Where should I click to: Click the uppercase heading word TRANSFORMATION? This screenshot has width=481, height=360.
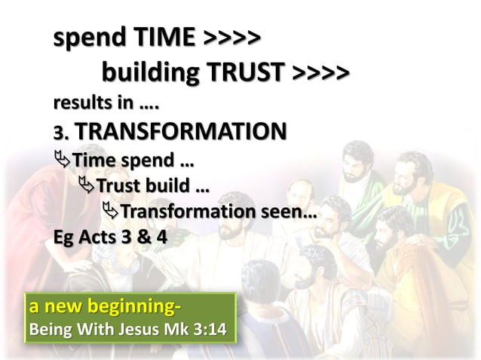point(180,132)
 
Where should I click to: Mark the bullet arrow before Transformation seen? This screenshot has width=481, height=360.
point(111,213)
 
